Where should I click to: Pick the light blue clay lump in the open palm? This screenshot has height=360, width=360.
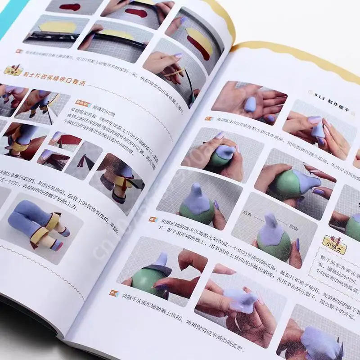pos(250,104)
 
